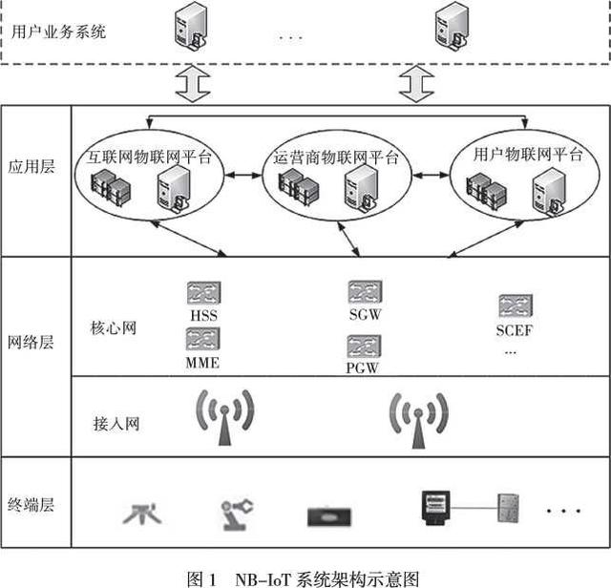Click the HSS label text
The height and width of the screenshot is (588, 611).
[203, 315]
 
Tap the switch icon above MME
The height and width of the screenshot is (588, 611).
[203, 339]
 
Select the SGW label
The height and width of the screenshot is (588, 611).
[365, 314]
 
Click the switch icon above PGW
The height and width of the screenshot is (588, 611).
[364, 346]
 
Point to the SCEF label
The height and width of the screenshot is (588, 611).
[514, 330]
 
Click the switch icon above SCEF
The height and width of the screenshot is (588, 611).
[516, 305]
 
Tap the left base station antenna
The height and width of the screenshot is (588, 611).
[225, 417]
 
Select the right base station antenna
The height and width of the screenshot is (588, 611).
[418, 420]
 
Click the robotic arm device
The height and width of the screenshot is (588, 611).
[237, 514]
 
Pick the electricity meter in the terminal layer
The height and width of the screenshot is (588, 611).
[436, 508]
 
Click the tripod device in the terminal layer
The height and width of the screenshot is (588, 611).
[142, 514]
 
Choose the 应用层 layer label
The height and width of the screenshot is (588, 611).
[32, 167]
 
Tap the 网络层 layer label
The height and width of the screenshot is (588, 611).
[31, 343]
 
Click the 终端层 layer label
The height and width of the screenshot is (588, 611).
[31, 505]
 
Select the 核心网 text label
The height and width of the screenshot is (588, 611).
[114, 328]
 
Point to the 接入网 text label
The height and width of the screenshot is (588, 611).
[116, 424]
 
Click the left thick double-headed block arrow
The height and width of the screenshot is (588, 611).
[193, 84]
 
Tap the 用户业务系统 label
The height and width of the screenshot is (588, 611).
[58, 31]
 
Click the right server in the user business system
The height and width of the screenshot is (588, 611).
[452, 27]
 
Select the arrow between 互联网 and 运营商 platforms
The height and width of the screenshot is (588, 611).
[243, 176]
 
